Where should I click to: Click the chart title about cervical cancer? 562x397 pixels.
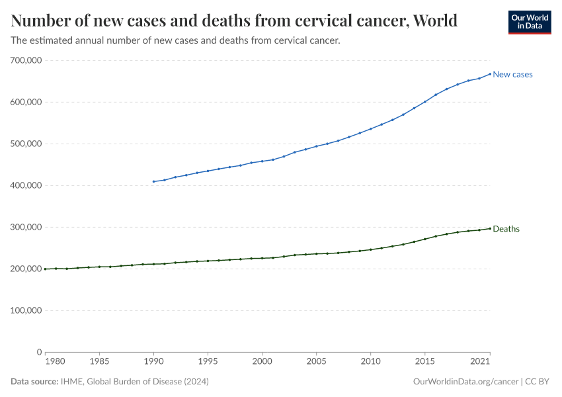pyautogui.click(x=234, y=21)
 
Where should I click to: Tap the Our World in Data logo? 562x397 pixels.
pyautogui.click(x=529, y=22)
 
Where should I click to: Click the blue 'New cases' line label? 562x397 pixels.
pyautogui.click(x=512, y=75)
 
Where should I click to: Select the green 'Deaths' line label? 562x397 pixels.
pyautogui.click(x=506, y=229)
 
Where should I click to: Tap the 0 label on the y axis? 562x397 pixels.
pyautogui.click(x=40, y=352)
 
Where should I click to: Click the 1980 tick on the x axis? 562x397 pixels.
pyautogui.click(x=56, y=363)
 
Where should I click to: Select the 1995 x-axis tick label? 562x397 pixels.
pyautogui.click(x=208, y=363)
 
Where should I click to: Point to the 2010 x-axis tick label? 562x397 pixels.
pyautogui.click(x=370, y=363)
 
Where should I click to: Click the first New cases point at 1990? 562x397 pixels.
pyautogui.click(x=153, y=181)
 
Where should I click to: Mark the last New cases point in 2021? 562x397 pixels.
pyautogui.click(x=490, y=74)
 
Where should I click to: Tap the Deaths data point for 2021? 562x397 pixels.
pyautogui.click(x=490, y=228)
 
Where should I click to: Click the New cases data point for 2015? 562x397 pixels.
pyautogui.click(x=424, y=102)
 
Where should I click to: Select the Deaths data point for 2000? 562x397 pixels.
pyautogui.click(x=262, y=258)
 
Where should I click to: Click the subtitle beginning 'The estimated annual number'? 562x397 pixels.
pyautogui.click(x=175, y=40)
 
